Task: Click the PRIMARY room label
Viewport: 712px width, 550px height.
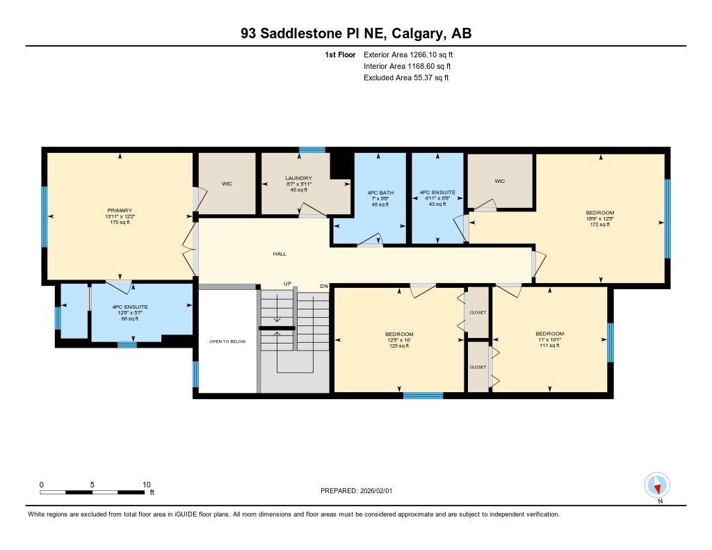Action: [120, 211]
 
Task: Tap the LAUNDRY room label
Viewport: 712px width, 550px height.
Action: [298, 179]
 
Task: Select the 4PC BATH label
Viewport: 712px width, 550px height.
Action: [380, 193]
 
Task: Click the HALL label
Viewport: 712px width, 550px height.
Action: [280, 254]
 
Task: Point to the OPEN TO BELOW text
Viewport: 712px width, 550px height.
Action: [227, 341]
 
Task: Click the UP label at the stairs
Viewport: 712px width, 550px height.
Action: [286, 284]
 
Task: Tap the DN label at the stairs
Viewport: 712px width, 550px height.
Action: [323, 286]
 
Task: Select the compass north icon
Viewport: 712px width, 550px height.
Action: [656, 485]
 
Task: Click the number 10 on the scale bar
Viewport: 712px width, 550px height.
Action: [146, 485]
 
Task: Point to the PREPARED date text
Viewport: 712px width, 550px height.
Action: [360, 491]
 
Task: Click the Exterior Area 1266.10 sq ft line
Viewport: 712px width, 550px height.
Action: [408, 54]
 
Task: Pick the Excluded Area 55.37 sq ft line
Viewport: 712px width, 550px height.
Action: [406, 78]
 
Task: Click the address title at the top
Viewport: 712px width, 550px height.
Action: [356, 33]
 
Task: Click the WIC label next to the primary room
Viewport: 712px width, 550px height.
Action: [227, 184]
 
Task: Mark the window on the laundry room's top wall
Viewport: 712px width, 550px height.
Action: [312, 149]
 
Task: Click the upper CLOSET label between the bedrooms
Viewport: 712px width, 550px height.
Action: [478, 313]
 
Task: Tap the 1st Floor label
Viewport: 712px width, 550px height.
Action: [340, 54]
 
